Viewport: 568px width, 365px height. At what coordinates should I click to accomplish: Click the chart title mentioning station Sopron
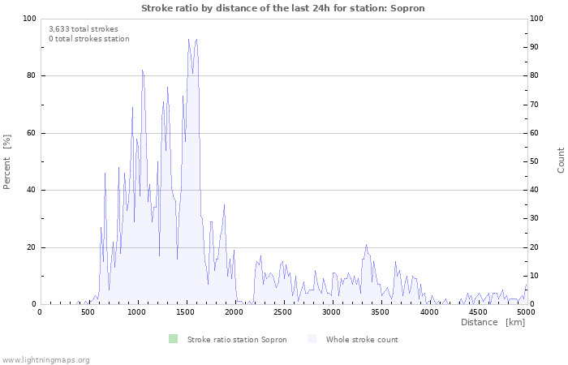pyautogui.click(x=282, y=8)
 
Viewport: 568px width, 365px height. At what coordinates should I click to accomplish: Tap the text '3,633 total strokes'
pyautogui.click(x=83, y=29)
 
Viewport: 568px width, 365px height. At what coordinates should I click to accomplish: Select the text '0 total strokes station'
pyautogui.click(x=88, y=39)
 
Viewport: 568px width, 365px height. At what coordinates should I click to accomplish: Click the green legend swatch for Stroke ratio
pyautogui.click(x=173, y=339)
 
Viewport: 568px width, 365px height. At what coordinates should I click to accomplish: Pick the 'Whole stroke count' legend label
pyautogui.click(x=362, y=339)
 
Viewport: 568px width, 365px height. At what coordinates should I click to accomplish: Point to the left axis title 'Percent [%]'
pyautogui.click(x=7, y=161)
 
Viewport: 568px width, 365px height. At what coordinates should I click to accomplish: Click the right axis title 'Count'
pyautogui.click(x=561, y=160)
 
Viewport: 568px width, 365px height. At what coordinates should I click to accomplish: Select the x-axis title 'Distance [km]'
pyautogui.click(x=493, y=322)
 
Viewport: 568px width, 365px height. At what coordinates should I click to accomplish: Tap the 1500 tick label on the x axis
pyautogui.click(x=186, y=311)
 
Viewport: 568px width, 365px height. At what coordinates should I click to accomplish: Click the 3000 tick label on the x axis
pyautogui.click(x=332, y=311)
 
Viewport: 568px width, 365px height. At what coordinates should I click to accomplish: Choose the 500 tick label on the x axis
pyautogui.click(x=88, y=311)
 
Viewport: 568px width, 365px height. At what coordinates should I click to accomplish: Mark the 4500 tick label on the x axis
pyautogui.click(x=478, y=311)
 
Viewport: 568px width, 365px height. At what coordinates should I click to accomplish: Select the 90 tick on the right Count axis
pyautogui.click(x=536, y=47)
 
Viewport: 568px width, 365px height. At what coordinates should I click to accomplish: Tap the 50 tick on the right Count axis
pyautogui.click(x=536, y=161)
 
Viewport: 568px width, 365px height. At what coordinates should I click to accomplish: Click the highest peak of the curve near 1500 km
pyautogui.click(x=189, y=39)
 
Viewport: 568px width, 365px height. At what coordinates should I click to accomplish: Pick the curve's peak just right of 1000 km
pyautogui.click(x=142, y=70)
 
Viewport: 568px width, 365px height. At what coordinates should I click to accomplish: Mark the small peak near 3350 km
pyautogui.click(x=366, y=245)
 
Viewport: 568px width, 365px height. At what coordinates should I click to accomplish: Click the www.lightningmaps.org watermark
pyautogui.click(x=45, y=359)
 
